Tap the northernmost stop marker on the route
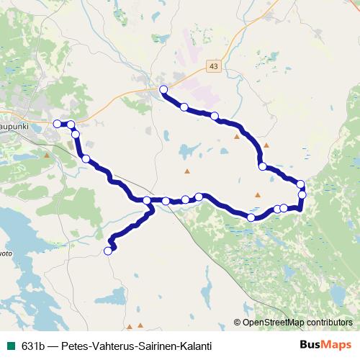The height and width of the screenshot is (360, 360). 163,89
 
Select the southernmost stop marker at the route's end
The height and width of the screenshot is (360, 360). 109,251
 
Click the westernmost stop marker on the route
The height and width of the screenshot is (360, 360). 58,124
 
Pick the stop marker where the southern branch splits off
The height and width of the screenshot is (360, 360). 147,200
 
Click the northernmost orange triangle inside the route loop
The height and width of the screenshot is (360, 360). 237,136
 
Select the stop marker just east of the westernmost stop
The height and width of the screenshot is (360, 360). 71,125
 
